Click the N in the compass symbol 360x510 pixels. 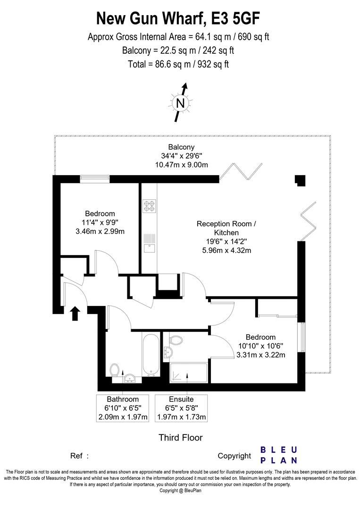[x=180, y=103]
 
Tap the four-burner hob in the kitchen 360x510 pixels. [x=149, y=206]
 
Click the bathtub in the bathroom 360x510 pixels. [x=151, y=355]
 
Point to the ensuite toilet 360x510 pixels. [x=175, y=340]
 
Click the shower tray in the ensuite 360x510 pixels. [x=188, y=373]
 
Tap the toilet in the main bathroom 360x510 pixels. [x=114, y=370]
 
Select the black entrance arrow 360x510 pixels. [x=75, y=313]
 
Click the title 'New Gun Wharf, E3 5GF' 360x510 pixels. [x=178, y=18]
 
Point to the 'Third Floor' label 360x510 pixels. [x=180, y=437]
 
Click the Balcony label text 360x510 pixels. [x=181, y=147]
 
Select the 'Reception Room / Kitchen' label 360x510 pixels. [x=226, y=228]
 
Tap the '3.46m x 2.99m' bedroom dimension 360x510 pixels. [x=100, y=231]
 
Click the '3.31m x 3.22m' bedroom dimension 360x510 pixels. [x=261, y=355]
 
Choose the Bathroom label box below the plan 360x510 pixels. [x=123, y=408]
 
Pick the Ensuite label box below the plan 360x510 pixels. [x=181, y=408]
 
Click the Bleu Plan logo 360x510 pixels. [x=279, y=455]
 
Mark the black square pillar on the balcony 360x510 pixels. [x=300, y=180]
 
